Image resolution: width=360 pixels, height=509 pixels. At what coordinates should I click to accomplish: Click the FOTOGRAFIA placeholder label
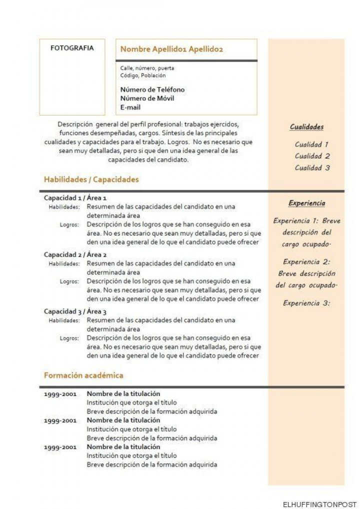72,48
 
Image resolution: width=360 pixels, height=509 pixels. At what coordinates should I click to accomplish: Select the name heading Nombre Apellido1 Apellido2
171,49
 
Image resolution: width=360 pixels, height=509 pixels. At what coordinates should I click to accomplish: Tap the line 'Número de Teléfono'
152,89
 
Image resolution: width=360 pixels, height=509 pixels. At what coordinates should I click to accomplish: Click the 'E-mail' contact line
130,107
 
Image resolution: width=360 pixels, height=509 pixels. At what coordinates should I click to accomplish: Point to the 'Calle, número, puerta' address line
147,68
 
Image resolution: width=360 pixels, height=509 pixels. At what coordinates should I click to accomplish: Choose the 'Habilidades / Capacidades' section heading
91,179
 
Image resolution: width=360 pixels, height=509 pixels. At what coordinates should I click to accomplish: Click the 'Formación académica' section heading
83,375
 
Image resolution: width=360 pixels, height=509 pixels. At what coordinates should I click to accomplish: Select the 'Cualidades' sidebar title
306,127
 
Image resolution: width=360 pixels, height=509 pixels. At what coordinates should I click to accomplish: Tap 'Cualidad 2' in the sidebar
312,156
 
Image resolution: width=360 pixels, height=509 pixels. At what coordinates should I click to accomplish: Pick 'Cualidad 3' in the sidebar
312,168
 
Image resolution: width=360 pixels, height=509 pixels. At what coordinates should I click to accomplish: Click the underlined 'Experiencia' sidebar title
306,203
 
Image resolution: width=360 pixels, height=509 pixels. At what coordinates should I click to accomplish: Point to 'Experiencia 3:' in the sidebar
306,303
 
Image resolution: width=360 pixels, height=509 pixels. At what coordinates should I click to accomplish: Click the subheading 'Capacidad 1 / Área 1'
75,198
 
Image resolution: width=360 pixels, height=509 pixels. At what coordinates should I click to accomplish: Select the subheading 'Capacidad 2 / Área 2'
75,254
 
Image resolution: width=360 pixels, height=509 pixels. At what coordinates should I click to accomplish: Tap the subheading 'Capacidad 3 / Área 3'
75,311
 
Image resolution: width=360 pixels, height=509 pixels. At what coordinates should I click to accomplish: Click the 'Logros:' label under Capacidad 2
69,281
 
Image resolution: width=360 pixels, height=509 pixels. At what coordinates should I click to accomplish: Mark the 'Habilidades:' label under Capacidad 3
64,320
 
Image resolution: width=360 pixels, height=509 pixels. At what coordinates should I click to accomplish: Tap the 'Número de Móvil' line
147,98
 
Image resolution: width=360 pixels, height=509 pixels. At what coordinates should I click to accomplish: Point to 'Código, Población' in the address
143,75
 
